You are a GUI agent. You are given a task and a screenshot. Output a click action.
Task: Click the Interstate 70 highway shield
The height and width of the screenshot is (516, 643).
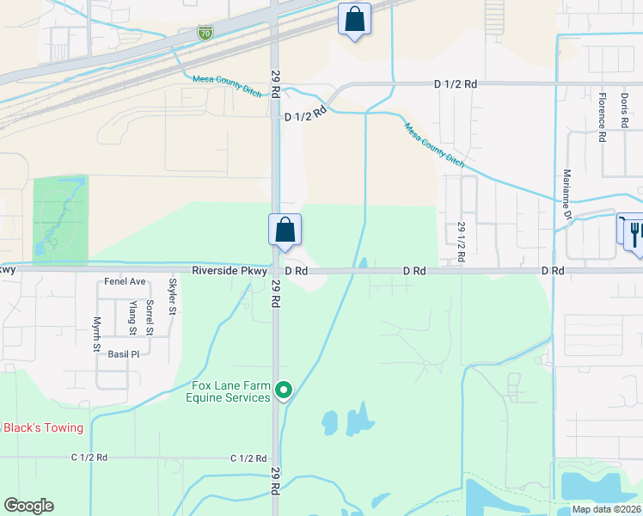pyautogui.click(x=205, y=33)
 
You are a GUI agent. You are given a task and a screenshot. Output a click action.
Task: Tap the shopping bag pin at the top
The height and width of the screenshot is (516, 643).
pyautogui.click(x=354, y=18)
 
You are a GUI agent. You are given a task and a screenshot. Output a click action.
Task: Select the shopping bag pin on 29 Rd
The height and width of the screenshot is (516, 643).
pyautogui.click(x=285, y=230)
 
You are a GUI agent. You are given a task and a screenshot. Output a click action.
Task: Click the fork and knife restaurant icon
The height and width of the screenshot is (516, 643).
pyautogui.click(x=636, y=232)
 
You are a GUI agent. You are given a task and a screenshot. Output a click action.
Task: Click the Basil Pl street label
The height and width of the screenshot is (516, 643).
pyautogui.click(x=124, y=353)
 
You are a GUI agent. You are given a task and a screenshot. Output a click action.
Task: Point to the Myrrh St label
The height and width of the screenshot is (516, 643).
pyautogui.click(x=97, y=334)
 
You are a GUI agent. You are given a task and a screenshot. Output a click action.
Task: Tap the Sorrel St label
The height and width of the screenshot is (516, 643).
pyautogui.click(x=150, y=317)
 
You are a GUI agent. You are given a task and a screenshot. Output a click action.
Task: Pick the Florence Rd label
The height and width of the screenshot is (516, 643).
pyautogui.click(x=603, y=119)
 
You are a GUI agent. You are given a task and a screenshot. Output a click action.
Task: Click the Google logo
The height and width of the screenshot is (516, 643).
pyautogui.click(x=28, y=506)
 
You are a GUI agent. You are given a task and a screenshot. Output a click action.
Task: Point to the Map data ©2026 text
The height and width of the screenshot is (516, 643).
pyautogui.click(x=605, y=508)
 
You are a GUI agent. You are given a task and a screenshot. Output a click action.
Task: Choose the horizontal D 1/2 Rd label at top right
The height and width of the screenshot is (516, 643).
pyautogui.click(x=455, y=84)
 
